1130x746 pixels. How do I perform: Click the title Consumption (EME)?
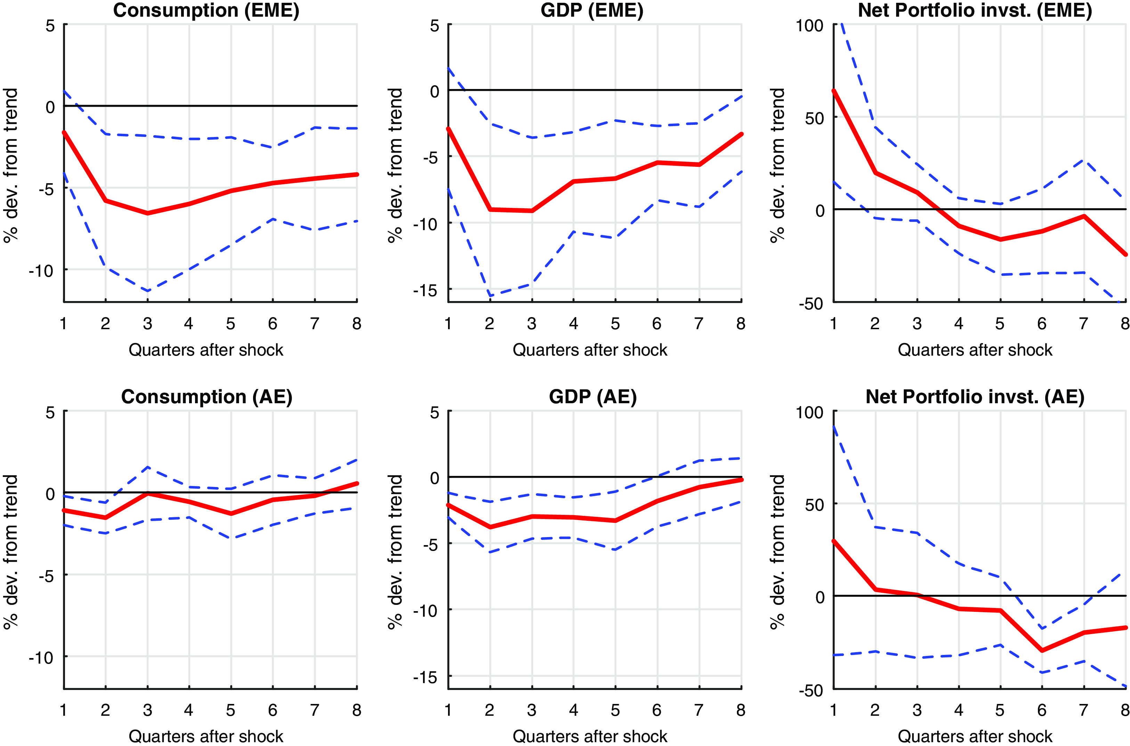(x=206, y=10)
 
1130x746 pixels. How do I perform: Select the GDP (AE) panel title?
(x=593, y=396)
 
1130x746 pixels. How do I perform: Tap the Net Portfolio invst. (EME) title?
(x=975, y=10)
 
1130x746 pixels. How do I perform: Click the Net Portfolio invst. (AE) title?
(x=975, y=396)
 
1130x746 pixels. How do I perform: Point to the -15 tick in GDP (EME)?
(x=425, y=290)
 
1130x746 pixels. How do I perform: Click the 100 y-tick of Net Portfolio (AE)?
(x=810, y=412)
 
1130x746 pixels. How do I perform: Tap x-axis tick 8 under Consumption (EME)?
(x=357, y=324)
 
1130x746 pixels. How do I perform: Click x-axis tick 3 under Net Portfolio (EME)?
(x=917, y=324)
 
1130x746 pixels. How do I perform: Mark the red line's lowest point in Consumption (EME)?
(x=147, y=213)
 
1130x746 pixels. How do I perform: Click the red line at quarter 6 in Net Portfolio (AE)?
(x=1042, y=650)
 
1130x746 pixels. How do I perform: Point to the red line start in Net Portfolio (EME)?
(x=834, y=90)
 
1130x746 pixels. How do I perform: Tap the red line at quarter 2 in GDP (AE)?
(x=490, y=527)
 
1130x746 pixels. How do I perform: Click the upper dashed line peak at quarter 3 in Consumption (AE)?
(x=147, y=467)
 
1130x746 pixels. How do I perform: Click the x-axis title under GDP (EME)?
(x=590, y=350)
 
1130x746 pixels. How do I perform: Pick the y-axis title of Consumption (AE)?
(x=10, y=552)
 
